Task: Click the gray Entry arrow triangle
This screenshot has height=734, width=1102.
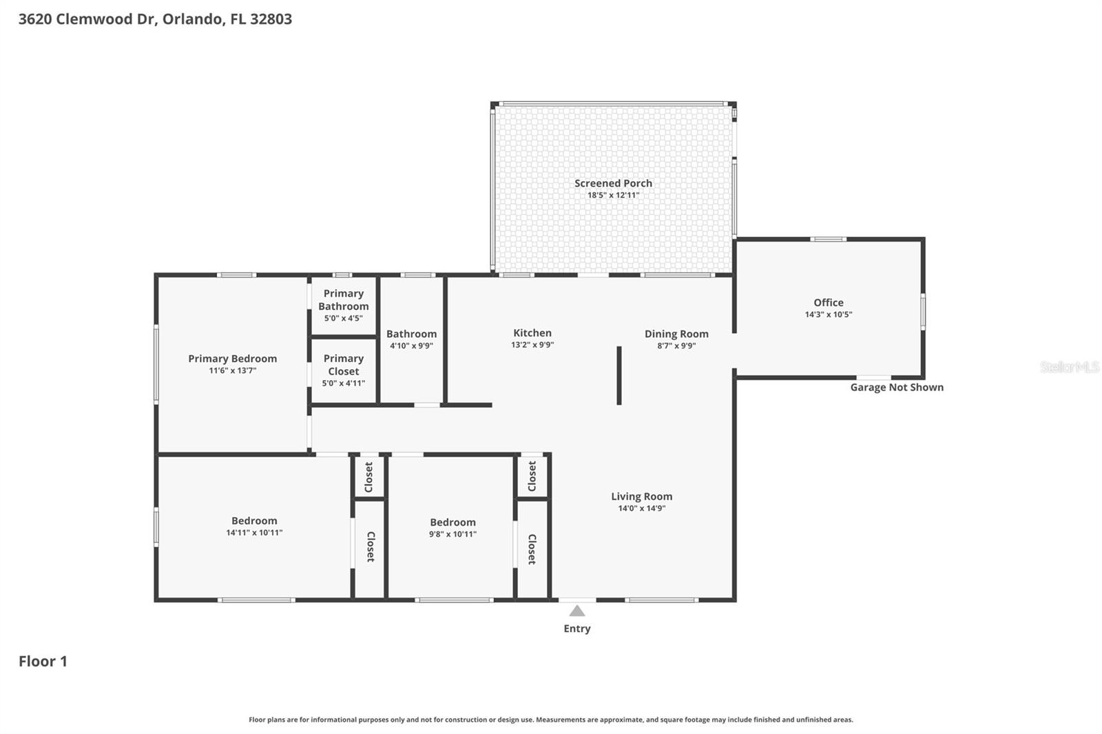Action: click(x=577, y=611)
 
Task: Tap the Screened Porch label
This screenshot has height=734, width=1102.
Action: click(x=613, y=183)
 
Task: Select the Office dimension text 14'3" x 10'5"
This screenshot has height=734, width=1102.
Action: click(x=829, y=315)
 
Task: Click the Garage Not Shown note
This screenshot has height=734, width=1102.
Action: click(x=897, y=388)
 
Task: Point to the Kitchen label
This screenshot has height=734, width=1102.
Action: click(x=532, y=333)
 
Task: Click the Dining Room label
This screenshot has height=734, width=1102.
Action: click(x=676, y=334)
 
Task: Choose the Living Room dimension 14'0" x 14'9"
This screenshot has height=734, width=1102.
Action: click(x=641, y=509)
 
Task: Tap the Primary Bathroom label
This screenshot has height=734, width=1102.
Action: click(x=343, y=300)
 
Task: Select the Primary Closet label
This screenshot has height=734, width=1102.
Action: click(x=343, y=365)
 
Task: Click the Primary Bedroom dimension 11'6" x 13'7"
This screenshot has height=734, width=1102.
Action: click(x=233, y=370)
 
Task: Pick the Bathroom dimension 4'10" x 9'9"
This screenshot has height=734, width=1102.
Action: click(x=411, y=346)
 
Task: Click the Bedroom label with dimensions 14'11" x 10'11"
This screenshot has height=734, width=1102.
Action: click(x=254, y=521)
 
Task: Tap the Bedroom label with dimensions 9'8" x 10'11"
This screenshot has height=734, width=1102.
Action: click(x=453, y=523)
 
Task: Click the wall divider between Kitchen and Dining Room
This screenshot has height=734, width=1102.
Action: click(x=619, y=375)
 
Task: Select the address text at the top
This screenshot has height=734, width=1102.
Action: click(x=155, y=19)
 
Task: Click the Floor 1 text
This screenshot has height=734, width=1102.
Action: click(x=43, y=662)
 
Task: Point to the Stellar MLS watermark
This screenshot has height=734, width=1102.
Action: click(x=1069, y=367)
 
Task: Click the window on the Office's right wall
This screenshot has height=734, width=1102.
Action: click(x=923, y=311)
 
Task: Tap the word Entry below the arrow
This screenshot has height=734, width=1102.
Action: click(x=577, y=629)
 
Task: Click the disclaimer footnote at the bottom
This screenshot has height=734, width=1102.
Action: click(x=550, y=720)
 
